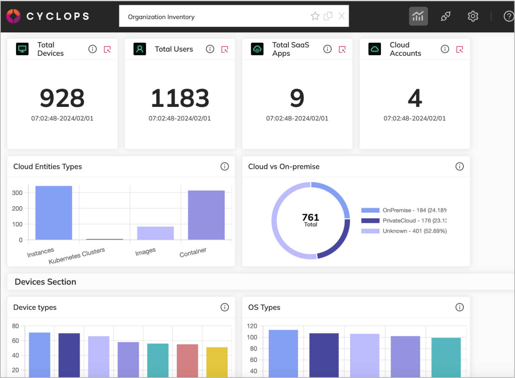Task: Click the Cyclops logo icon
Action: (x=13, y=16)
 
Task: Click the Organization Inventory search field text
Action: (x=161, y=17)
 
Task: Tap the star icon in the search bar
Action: (x=315, y=16)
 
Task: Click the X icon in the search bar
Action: (x=341, y=16)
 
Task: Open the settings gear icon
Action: (x=473, y=16)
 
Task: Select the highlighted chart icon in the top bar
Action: (x=418, y=16)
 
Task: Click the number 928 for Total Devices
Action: (x=62, y=98)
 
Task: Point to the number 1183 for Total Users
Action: (x=180, y=98)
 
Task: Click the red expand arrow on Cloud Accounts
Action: (x=460, y=49)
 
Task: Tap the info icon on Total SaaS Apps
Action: (x=327, y=49)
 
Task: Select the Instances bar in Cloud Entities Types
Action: (x=53, y=213)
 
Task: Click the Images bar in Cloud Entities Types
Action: (x=155, y=233)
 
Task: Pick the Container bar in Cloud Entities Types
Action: (x=206, y=215)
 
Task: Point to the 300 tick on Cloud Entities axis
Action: (x=17, y=193)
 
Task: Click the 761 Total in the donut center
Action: (x=311, y=220)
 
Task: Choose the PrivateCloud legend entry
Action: (x=404, y=220)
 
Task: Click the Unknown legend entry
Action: (x=404, y=231)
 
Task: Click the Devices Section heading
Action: (x=45, y=282)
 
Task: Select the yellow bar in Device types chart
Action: (x=217, y=362)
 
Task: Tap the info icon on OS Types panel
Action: (x=460, y=307)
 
